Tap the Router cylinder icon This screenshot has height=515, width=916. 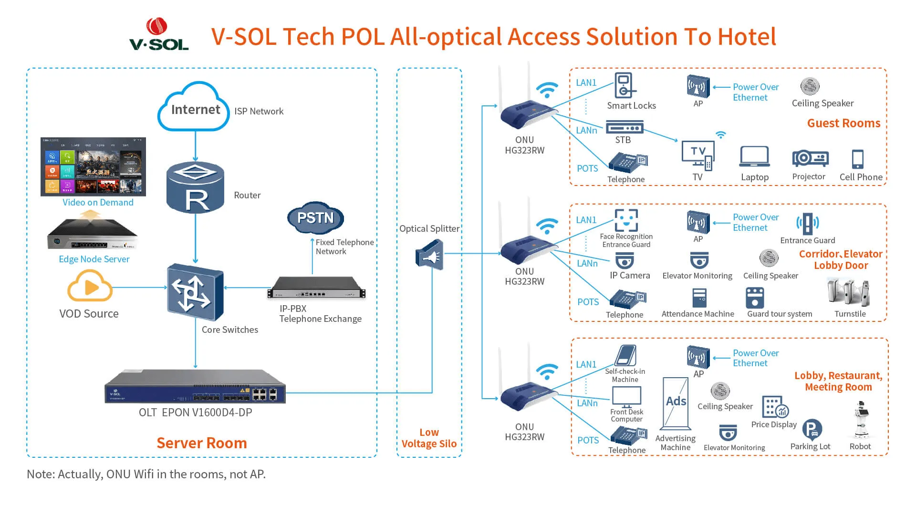(195, 187)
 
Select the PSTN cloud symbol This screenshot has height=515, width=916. (315, 217)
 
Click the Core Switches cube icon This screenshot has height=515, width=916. (195, 291)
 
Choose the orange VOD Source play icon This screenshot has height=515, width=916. (90, 286)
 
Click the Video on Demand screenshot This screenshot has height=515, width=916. (93, 167)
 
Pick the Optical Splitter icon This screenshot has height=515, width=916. (429, 256)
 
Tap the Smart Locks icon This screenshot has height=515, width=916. (624, 86)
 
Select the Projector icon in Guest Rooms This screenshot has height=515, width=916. (810, 158)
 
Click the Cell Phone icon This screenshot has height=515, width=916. (857, 159)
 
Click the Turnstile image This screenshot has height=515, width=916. (849, 292)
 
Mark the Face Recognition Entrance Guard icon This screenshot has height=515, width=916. (626, 220)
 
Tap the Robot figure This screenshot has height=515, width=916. (861, 420)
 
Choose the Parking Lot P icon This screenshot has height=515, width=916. (812, 430)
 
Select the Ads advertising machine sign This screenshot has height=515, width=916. (676, 403)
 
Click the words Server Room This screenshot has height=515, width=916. (201, 443)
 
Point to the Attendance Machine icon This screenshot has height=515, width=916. (699, 298)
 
